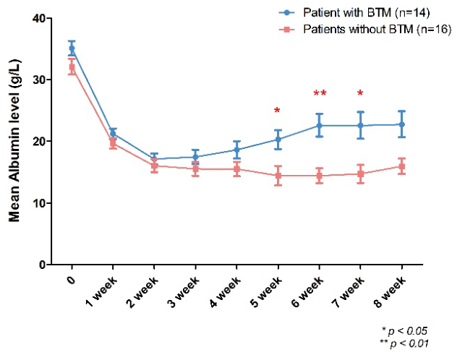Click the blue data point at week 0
tap(72, 48)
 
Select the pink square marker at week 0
tap(72, 67)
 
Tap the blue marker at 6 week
tap(320, 126)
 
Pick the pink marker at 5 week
tap(278, 176)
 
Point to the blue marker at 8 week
tap(402, 124)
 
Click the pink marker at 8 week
tap(402, 166)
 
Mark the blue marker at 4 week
tap(236, 150)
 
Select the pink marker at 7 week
tap(361, 173)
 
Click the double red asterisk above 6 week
tap(320, 93)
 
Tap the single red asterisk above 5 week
tap(277, 111)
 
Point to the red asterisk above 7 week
tap(360, 93)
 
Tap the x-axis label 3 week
tap(184, 292)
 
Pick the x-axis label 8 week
tap(391, 292)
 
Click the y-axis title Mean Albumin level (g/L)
tap(14, 140)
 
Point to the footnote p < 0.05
tap(404, 330)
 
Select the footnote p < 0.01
tap(404, 343)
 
